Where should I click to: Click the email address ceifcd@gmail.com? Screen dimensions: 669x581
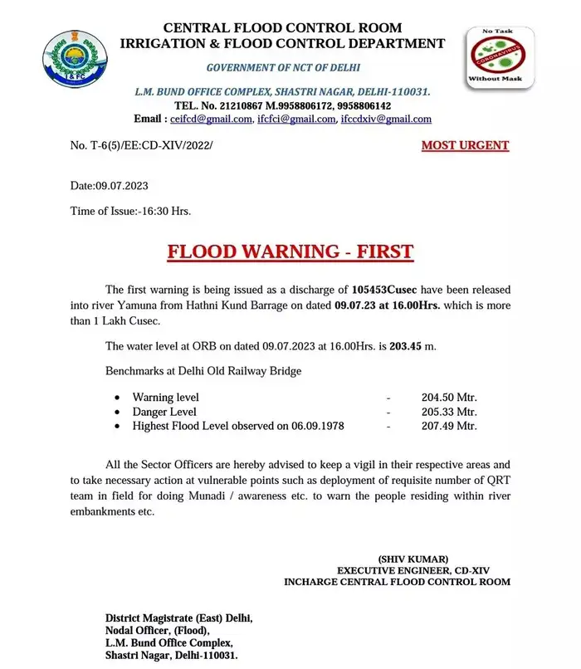(x=211, y=120)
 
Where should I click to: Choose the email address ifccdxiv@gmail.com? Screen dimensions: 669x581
(x=386, y=120)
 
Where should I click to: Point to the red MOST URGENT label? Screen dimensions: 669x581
(x=465, y=145)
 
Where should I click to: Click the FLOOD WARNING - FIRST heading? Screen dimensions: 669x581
(x=290, y=251)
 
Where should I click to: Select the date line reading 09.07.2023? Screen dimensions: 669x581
(x=110, y=185)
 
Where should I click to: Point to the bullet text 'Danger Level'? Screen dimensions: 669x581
(x=164, y=412)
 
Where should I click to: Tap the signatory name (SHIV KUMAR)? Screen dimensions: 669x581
(x=413, y=559)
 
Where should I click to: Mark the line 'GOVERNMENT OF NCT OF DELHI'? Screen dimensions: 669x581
(x=283, y=67)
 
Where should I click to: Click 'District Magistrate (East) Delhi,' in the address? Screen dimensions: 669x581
(x=178, y=618)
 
